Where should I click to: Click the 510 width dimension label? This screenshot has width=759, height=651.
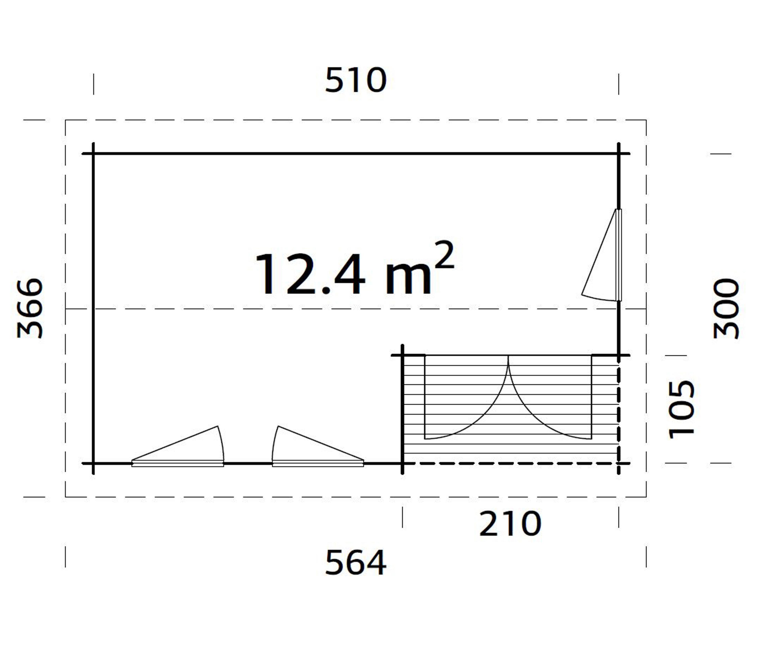[x=356, y=80]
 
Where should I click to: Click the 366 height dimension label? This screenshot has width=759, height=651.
[x=30, y=308]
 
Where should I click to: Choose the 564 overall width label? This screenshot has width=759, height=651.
[x=356, y=563]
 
